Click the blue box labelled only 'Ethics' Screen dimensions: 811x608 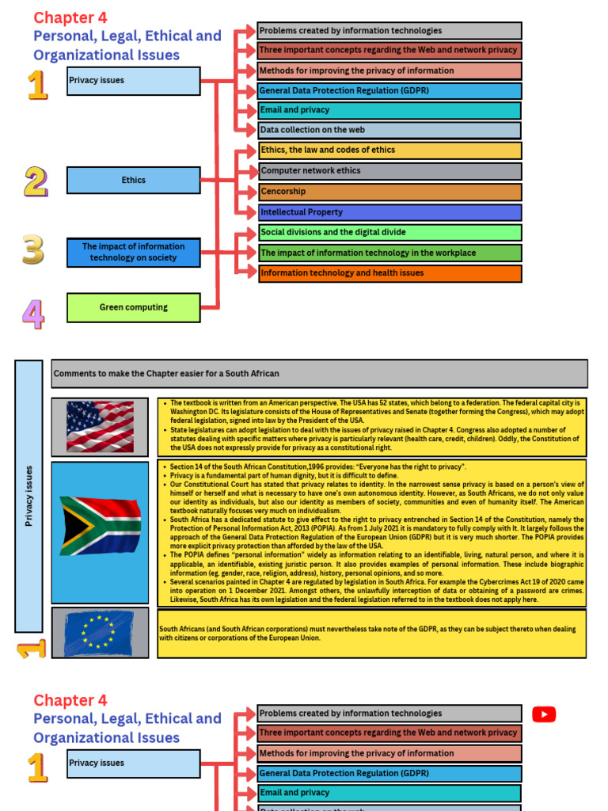point(133,180)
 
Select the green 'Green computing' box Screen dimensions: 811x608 point(133,307)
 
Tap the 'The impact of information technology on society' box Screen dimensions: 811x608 point(133,252)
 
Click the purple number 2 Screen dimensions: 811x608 point(36,181)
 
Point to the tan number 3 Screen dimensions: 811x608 point(33,249)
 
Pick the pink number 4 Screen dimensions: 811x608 point(33,313)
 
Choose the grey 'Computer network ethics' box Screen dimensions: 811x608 point(389,170)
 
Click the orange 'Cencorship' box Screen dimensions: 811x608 point(389,192)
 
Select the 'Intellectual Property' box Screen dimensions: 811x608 point(389,212)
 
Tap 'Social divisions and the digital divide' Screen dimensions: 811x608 point(389,232)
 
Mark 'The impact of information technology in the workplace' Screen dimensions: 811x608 point(389,253)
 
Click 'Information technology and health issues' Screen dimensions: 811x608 point(389,273)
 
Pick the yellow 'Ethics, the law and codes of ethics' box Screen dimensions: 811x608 point(389,150)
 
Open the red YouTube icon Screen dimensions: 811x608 point(544,714)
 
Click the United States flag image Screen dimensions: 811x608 point(100,427)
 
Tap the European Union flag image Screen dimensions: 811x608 point(100,634)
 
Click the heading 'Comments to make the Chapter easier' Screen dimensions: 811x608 point(319,373)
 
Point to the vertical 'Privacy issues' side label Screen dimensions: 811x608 point(28,496)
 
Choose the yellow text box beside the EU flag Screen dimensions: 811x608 point(372,634)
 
